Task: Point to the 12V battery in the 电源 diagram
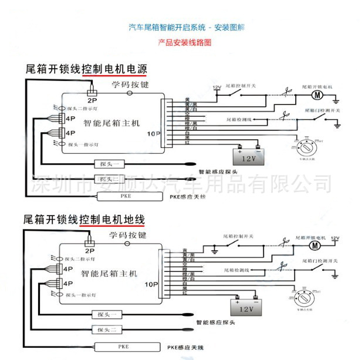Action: [248, 157]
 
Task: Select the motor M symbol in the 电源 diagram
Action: [317, 94]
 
